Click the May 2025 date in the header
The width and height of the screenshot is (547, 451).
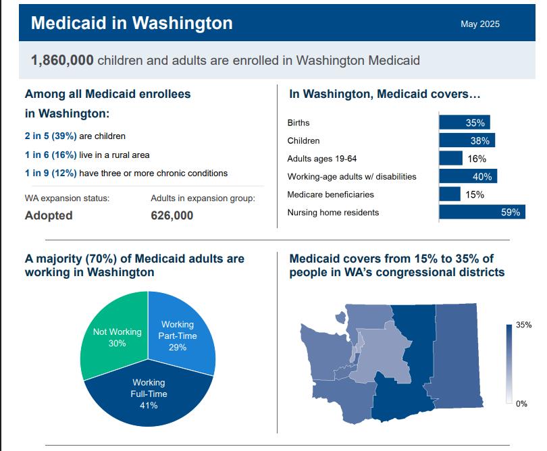point(480,24)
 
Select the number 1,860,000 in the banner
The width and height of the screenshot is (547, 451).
point(62,60)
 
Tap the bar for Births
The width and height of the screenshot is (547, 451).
point(464,123)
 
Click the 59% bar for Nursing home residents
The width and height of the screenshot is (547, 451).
point(481,212)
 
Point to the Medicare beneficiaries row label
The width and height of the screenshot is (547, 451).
point(330,194)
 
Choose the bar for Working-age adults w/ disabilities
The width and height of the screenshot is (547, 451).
point(468,177)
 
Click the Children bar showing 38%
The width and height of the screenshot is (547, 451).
point(467,141)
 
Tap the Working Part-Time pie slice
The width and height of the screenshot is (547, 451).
point(180,334)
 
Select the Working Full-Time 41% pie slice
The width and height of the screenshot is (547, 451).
point(149,395)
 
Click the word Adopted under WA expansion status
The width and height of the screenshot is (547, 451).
point(49,216)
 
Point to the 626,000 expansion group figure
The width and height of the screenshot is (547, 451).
point(172,216)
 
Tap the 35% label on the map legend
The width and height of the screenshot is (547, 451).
point(523,325)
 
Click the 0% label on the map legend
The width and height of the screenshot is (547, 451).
point(521,404)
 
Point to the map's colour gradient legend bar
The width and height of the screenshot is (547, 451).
point(509,364)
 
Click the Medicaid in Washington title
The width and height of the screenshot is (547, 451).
point(132,23)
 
